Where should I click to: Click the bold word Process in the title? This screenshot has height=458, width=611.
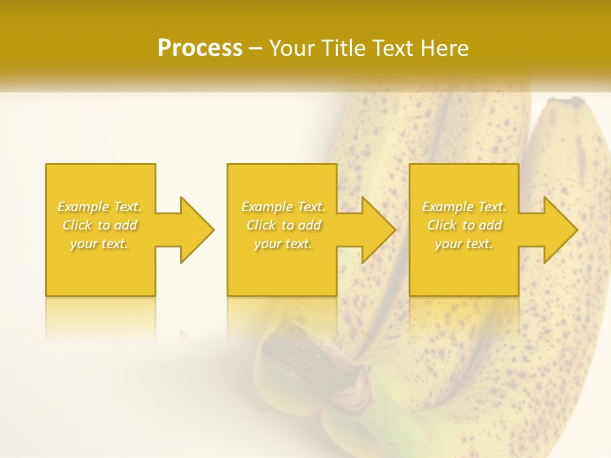point(200,48)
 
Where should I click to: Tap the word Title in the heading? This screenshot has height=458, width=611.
point(341,48)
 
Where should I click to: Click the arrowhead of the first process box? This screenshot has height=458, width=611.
point(196,230)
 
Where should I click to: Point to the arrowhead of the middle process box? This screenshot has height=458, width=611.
point(377,230)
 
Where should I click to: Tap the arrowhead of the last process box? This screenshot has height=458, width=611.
point(559,230)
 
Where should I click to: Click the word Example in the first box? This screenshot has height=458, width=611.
point(83,207)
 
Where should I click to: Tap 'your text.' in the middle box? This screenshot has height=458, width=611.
point(283,244)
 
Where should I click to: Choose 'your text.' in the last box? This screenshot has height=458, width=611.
point(463,244)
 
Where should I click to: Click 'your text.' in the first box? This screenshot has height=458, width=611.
point(99,244)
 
